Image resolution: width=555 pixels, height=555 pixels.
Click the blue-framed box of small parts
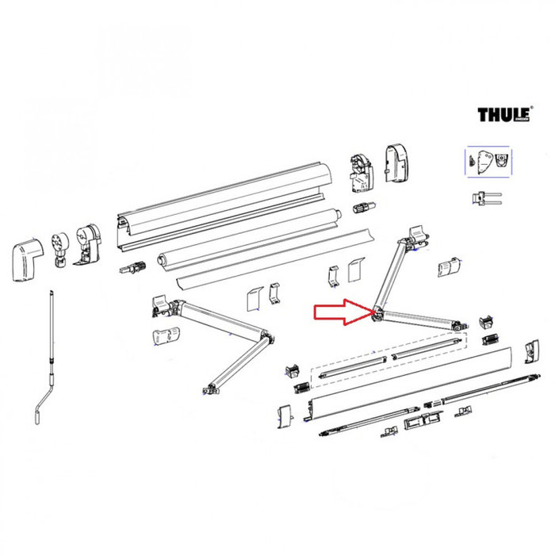[x=488, y=162]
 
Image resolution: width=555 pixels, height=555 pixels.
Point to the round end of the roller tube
[x=338, y=213]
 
